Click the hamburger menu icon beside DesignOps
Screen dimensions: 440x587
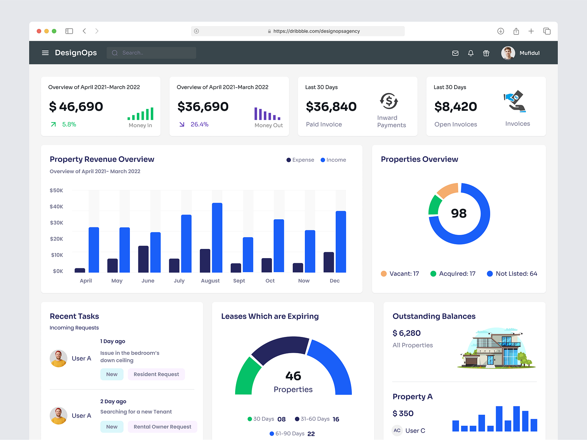click(x=45, y=53)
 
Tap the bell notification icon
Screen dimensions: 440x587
click(x=471, y=53)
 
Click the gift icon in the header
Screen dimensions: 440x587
click(x=486, y=53)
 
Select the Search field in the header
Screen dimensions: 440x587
click(x=152, y=53)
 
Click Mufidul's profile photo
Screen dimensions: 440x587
click(x=508, y=53)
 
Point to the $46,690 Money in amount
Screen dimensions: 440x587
click(x=76, y=107)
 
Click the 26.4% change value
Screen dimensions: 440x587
click(x=199, y=124)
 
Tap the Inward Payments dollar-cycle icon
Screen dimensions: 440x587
click(x=389, y=101)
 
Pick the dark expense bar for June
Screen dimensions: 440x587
click(x=143, y=259)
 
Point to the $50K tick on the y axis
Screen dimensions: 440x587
click(x=56, y=190)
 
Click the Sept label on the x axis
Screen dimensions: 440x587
click(x=239, y=280)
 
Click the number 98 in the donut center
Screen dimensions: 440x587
click(x=459, y=213)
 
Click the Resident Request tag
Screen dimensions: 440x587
click(x=156, y=374)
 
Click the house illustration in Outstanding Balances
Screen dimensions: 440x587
click(x=496, y=348)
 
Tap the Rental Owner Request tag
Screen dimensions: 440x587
click(x=162, y=427)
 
